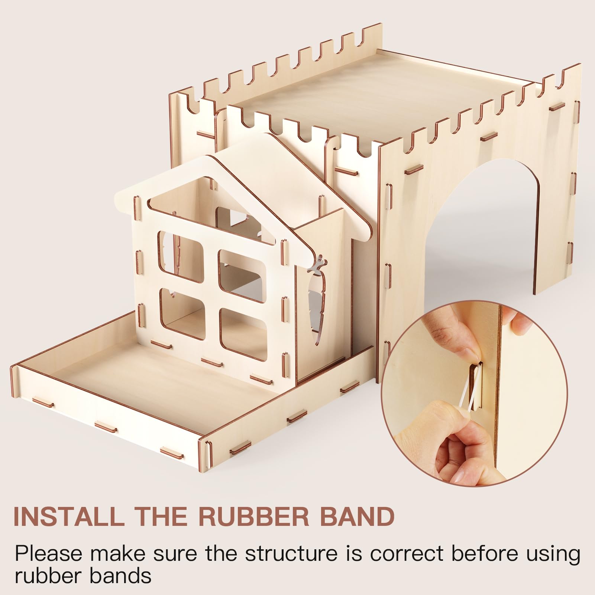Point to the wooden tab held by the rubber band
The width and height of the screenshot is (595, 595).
475,383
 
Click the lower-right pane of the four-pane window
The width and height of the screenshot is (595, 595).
244,334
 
